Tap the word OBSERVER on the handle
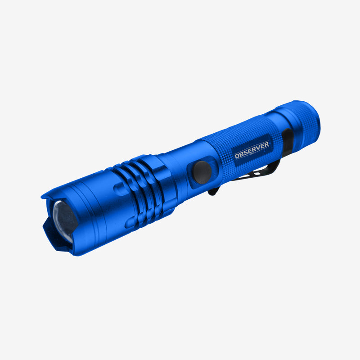[x=252, y=150]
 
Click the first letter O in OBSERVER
[x=237, y=156]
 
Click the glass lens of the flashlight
[x=64, y=220]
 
